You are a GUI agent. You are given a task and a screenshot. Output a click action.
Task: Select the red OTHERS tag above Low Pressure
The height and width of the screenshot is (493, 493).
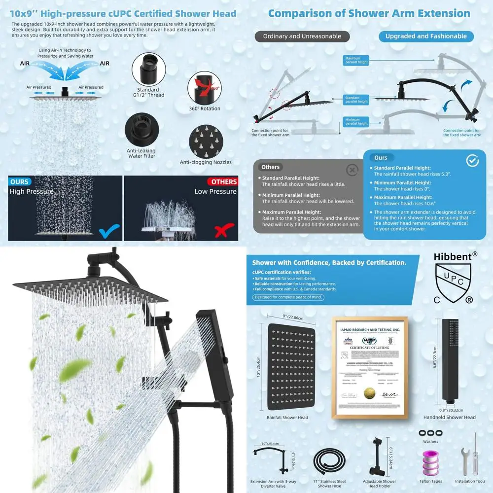click(x=224, y=182)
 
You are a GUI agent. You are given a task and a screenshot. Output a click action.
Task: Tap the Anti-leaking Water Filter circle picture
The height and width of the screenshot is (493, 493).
click(x=141, y=130)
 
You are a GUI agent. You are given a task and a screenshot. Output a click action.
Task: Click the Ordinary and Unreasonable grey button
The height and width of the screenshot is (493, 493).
click(x=302, y=36)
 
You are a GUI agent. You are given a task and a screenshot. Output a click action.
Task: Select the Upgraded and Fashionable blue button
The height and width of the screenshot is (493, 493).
click(x=426, y=36)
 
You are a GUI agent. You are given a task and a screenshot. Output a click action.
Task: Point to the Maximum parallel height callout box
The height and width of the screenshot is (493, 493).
click(x=356, y=60)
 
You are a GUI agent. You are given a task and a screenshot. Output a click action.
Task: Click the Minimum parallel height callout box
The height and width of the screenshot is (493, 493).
click(x=356, y=122)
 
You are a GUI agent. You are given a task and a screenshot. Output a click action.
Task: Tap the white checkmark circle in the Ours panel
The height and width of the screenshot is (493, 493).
click(x=472, y=161)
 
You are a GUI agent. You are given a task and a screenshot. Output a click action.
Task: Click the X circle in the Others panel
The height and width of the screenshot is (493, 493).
click(x=352, y=170)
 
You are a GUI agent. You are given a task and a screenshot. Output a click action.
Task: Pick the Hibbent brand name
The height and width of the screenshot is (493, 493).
click(x=453, y=256)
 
